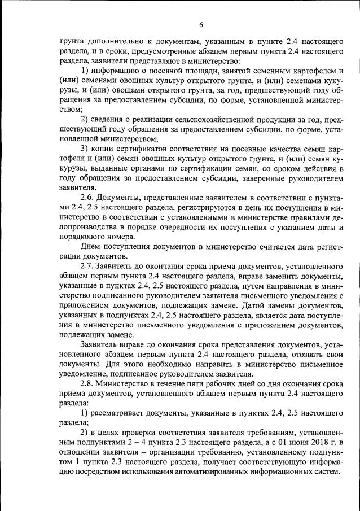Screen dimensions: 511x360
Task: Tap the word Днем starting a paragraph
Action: coord(93,246)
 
